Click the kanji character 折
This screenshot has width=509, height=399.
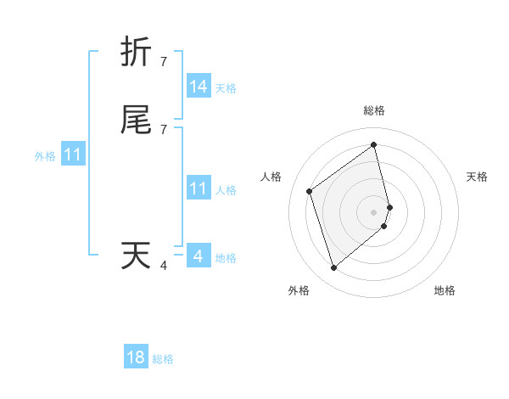pyautogui.click(x=136, y=52)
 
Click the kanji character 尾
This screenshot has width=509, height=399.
pyautogui.click(x=136, y=121)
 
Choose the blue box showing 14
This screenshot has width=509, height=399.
pyautogui.click(x=199, y=87)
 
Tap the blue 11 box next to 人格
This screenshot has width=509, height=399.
pyautogui.click(x=199, y=188)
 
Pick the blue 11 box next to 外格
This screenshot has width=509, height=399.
pyautogui.click(x=72, y=155)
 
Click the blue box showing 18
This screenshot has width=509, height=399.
pyautogui.click(x=136, y=357)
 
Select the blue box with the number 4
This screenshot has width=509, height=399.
pyautogui.click(x=199, y=256)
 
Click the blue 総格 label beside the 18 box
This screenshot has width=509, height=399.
pyautogui.click(x=163, y=359)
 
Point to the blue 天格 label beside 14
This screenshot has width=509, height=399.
pyautogui.click(x=226, y=88)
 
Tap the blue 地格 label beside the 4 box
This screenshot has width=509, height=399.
pyautogui.click(x=226, y=258)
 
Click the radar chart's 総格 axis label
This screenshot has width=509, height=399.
pyautogui.click(x=374, y=110)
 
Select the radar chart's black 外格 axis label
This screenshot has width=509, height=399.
pyautogui.click(x=299, y=290)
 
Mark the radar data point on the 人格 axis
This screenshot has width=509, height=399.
pyautogui.click(x=310, y=192)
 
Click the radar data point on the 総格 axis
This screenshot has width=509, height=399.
pyautogui.click(x=374, y=145)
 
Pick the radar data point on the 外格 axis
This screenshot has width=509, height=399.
pyautogui.click(x=333, y=268)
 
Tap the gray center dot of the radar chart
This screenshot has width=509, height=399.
pyautogui.click(x=374, y=211)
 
